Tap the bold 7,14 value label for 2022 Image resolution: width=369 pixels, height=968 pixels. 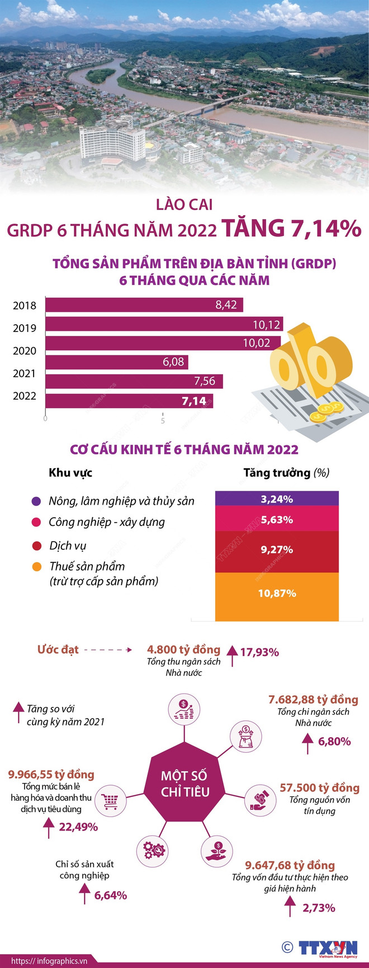point(193,401)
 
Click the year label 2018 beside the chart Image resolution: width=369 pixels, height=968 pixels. point(25,305)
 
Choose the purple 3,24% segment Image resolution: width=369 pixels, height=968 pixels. point(277,499)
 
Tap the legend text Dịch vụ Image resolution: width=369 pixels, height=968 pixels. point(68,545)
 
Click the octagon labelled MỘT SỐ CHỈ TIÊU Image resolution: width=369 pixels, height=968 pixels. point(184,784)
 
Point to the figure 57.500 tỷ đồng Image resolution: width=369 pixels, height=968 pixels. point(319,787)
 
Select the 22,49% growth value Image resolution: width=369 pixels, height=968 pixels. point(78,827)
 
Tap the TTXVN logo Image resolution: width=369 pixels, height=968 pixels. point(327,948)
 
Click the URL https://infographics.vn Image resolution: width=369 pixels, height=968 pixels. point(50,961)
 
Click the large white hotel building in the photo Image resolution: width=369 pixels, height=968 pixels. point(111,143)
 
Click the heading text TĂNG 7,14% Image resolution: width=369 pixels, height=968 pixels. point(291,228)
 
